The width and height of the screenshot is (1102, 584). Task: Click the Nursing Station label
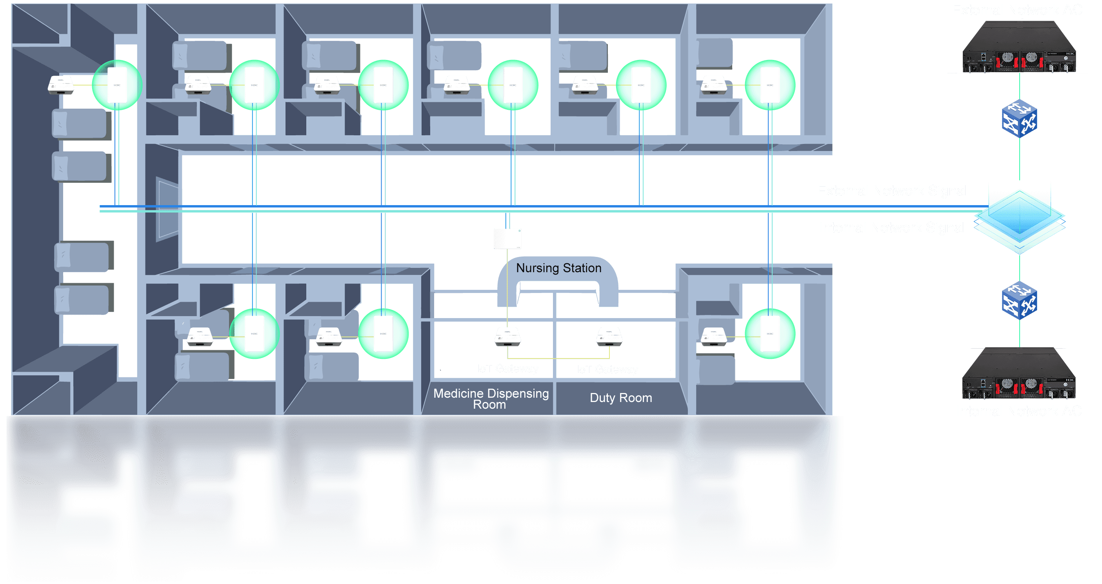pyautogui.click(x=558, y=268)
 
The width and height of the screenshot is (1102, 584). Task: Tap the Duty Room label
pyautogui.click(x=621, y=397)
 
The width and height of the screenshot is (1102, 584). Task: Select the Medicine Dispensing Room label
pyautogui.click(x=491, y=398)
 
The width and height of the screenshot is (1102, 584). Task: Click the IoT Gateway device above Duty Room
pyautogui.click(x=609, y=336)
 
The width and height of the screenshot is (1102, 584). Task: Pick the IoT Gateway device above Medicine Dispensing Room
pyautogui.click(x=507, y=336)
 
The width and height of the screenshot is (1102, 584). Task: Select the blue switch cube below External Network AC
pyautogui.click(x=1019, y=118)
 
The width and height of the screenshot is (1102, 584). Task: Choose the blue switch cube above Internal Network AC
pyautogui.click(x=1019, y=300)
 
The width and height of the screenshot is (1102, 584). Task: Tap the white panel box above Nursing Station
pyautogui.click(x=507, y=238)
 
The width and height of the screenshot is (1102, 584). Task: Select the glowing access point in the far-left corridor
pyautogui.click(x=117, y=85)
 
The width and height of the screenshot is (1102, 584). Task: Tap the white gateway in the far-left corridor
pyautogui.click(x=61, y=84)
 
